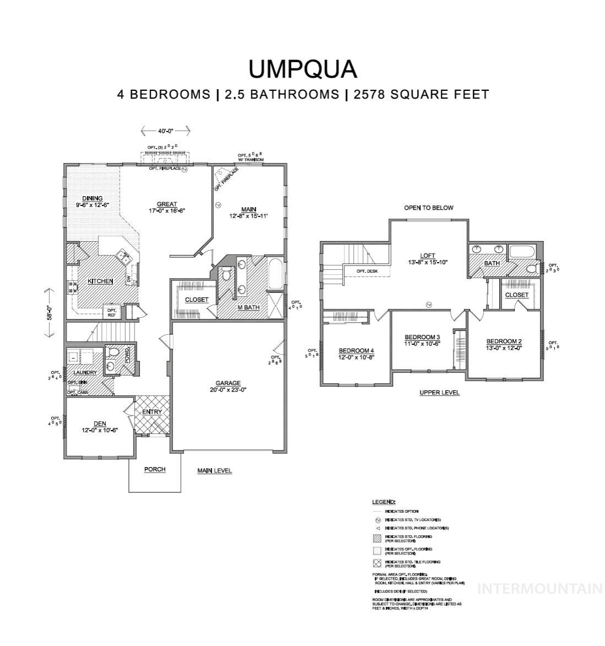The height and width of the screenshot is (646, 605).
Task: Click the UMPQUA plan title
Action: point(302,69)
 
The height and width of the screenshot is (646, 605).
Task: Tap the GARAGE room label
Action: point(228,383)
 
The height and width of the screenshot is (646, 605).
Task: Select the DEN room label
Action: point(100,424)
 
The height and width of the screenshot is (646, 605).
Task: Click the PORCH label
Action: point(155,469)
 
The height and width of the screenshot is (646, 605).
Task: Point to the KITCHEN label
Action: point(100,281)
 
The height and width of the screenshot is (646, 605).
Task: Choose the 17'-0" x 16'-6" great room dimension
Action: point(167,210)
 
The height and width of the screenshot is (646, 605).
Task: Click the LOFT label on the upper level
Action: point(428,256)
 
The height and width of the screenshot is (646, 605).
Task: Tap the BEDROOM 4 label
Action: point(356,351)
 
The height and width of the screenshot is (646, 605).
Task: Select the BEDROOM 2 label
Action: point(504,341)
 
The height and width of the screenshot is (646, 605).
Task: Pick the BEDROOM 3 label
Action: point(422,337)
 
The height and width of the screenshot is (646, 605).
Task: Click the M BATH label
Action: point(249,307)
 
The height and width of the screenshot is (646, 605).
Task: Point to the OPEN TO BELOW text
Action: point(429,208)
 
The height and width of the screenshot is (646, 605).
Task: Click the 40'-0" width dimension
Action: point(165,131)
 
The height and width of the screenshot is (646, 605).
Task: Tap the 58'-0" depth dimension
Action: point(48,313)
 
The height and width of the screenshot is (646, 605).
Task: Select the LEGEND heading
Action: point(383,502)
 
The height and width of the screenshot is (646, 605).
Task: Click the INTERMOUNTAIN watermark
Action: point(539,589)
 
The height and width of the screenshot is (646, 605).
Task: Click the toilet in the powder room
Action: point(114,351)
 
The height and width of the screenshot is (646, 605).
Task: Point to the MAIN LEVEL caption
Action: point(215,471)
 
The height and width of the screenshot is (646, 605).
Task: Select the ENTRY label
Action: point(152,412)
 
